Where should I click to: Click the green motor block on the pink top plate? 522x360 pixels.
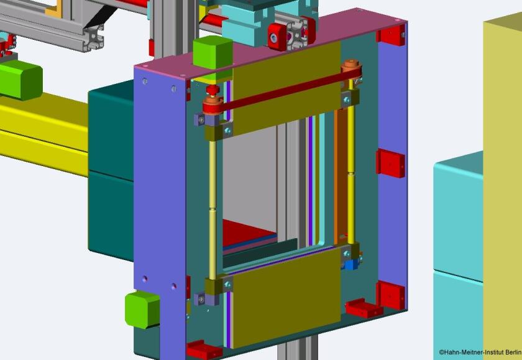click(213, 53)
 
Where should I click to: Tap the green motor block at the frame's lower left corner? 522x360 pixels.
click(142, 310)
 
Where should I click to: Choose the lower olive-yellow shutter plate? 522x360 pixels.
click(286, 297)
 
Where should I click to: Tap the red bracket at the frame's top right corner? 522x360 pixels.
click(391, 35)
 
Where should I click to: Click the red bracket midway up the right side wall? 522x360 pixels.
click(390, 163)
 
